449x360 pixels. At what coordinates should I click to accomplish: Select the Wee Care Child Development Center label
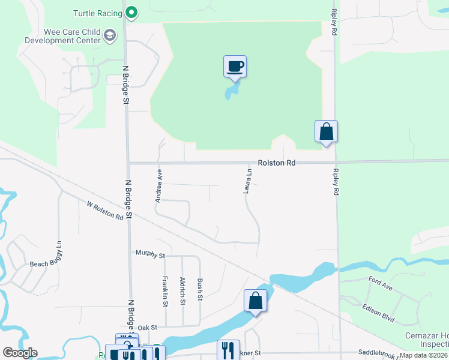(62, 36)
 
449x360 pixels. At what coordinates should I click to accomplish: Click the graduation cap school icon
(110, 36)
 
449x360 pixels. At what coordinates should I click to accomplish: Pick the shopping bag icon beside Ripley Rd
(326, 131)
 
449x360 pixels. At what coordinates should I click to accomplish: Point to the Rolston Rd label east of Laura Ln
(277, 163)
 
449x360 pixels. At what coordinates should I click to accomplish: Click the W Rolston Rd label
(105, 211)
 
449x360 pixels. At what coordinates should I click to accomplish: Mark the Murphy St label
(150, 255)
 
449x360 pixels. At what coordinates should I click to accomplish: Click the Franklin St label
(164, 291)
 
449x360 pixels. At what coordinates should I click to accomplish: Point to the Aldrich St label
(182, 291)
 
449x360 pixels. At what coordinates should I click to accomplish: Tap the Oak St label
(147, 328)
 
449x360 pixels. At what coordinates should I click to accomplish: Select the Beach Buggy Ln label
(46, 254)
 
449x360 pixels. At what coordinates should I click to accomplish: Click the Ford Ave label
(381, 284)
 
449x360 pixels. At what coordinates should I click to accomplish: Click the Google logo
(20, 353)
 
